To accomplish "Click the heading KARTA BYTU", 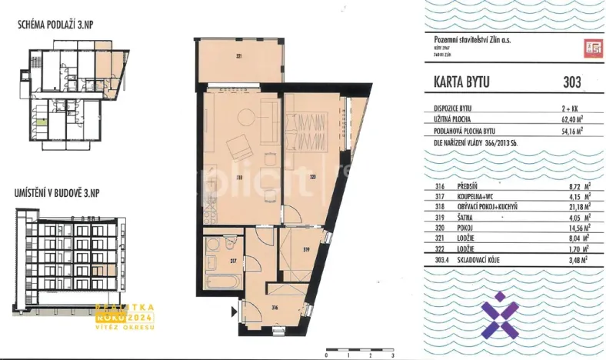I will [x=457, y=82].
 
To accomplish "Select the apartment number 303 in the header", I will [x=571, y=82].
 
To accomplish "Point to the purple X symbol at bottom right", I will [x=498, y=315].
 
